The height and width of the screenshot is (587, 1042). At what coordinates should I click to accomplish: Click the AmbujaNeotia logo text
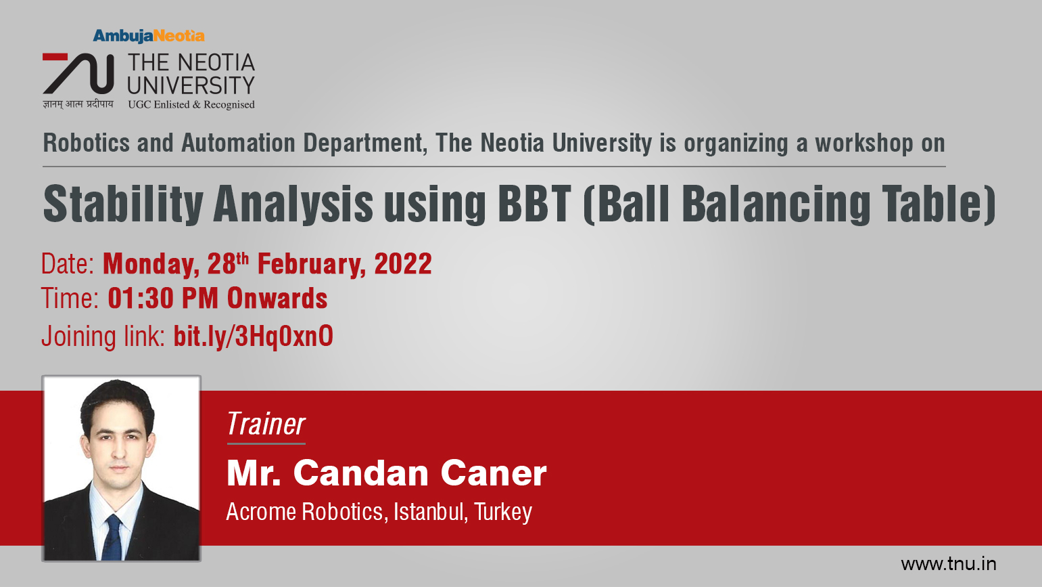149,36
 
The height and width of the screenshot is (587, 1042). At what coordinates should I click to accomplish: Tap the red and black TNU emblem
78,74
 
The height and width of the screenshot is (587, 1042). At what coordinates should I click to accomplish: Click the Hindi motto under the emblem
78,104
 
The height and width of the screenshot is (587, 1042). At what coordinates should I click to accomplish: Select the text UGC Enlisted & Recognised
191,105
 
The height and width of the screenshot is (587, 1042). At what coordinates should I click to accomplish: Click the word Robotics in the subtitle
86,143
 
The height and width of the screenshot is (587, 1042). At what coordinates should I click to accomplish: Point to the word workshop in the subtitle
864,143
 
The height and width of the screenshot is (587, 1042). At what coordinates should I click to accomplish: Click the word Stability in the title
123,204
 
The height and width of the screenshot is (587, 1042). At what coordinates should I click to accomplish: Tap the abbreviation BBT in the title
534,204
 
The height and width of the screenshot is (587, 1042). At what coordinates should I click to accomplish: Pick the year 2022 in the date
403,263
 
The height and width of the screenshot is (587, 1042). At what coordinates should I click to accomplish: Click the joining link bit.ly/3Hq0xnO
253,336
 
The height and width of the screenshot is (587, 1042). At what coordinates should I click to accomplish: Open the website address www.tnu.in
949,564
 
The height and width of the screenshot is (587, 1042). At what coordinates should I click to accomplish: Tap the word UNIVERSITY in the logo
191,85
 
